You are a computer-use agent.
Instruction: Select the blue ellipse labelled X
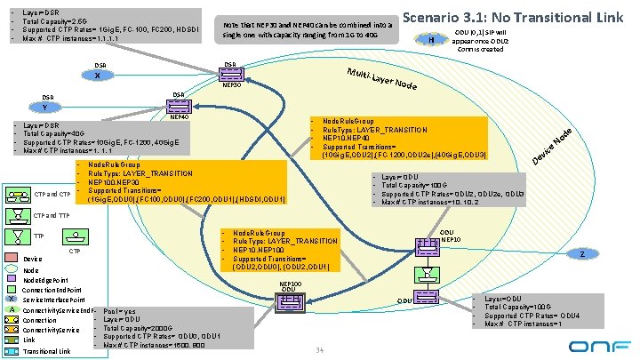tap(97, 75)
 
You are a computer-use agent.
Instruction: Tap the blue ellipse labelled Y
tap(46, 108)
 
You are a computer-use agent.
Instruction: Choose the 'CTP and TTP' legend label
tap(52, 215)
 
